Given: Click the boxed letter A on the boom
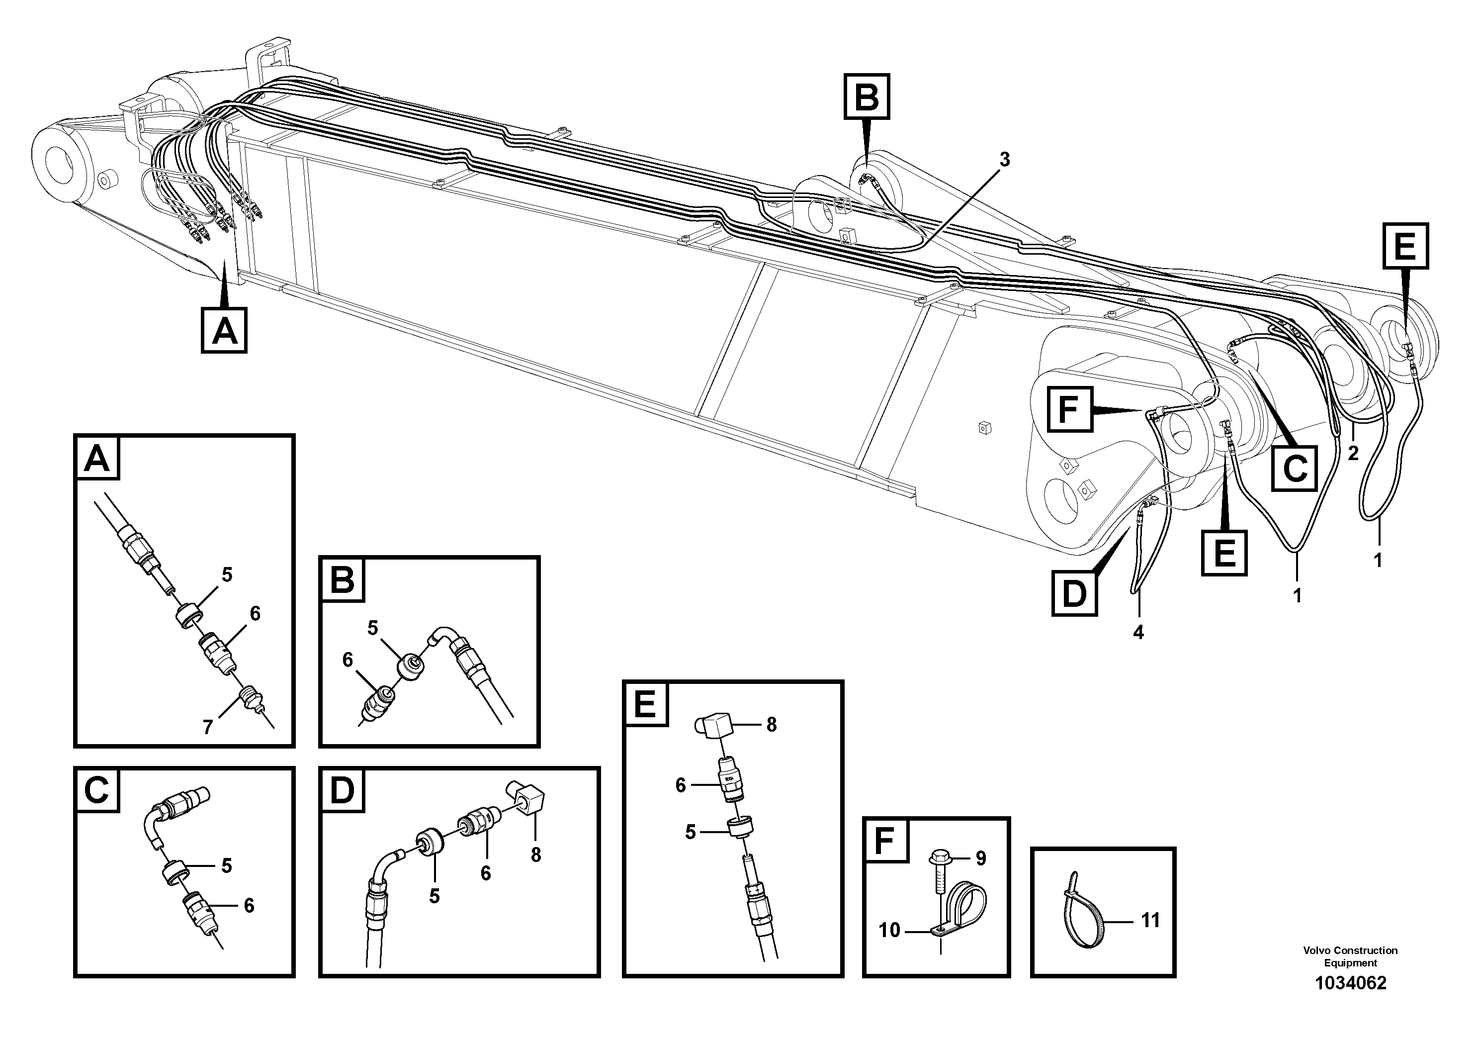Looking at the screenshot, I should [224, 331].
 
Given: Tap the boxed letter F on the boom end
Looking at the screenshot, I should [1069, 409].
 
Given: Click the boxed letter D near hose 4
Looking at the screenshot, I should [1074, 593].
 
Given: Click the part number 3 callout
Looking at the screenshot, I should [1004, 160].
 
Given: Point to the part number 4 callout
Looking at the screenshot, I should [1138, 633].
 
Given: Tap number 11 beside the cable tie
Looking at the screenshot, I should [1150, 920].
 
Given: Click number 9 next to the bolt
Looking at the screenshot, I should [980, 858].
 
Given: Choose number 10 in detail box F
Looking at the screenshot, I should [889, 930].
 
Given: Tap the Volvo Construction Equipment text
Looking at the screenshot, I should [1350, 956].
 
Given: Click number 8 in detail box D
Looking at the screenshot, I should [535, 855].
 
